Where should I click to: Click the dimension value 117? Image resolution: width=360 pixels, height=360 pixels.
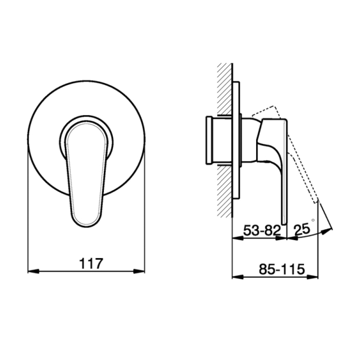[x=91, y=263]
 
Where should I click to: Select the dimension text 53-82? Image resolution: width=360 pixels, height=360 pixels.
[x=262, y=230]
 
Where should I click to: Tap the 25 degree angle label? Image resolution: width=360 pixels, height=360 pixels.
[x=302, y=229]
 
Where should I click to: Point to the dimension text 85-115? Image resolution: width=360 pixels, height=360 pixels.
[x=281, y=269]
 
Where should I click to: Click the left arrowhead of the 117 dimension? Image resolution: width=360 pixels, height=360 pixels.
[x=33, y=272]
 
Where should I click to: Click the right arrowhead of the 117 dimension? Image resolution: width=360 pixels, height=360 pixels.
[x=139, y=272]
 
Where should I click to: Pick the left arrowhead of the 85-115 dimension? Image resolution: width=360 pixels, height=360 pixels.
[x=238, y=277]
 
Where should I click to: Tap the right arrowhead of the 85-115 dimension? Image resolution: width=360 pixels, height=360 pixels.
[x=313, y=277]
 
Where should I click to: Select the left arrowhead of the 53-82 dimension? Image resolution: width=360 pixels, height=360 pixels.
[x=238, y=238]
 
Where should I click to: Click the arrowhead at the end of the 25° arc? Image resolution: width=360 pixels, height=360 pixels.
[x=327, y=231]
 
